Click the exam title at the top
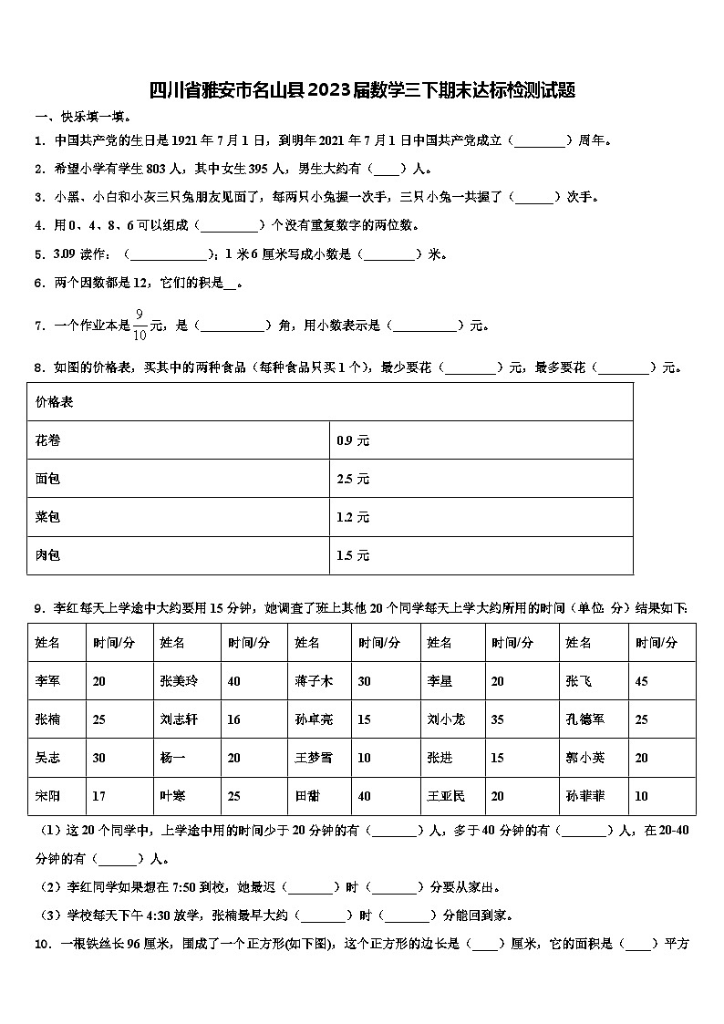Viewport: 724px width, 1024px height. (x=362, y=90)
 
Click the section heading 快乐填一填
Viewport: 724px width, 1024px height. (x=82, y=117)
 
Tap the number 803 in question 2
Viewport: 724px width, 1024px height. (x=156, y=169)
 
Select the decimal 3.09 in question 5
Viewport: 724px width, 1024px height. (x=64, y=254)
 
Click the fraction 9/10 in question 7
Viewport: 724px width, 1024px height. (x=140, y=325)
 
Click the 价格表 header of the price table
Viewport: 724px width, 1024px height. (x=55, y=402)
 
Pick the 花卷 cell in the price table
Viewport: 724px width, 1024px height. (x=47, y=440)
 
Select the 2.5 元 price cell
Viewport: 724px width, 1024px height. (x=353, y=479)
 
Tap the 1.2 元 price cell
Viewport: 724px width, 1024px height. (x=353, y=517)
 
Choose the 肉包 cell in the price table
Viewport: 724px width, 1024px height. (x=47, y=555)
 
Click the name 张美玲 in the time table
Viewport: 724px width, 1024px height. (x=178, y=681)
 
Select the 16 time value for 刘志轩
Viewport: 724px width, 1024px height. (x=234, y=719)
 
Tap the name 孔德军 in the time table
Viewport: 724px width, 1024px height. (x=584, y=719)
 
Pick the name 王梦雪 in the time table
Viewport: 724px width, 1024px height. (x=314, y=758)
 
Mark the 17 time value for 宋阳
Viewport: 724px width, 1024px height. (x=98, y=796)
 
